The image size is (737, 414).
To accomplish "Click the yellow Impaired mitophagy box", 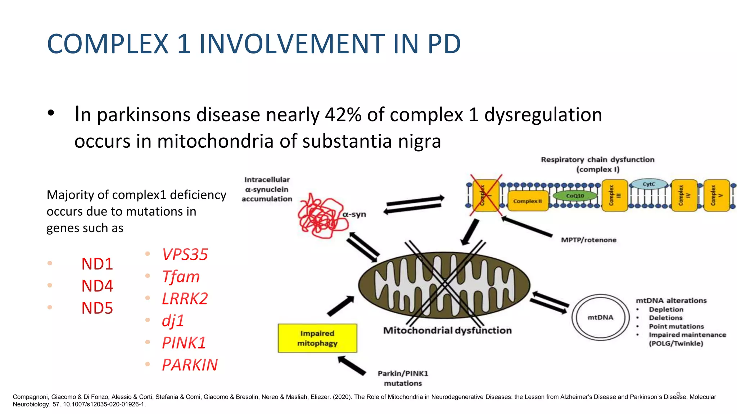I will (x=317, y=338).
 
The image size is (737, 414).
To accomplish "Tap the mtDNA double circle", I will (x=601, y=317).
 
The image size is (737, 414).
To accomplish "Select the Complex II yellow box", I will (x=528, y=201).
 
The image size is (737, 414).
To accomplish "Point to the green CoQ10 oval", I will (x=575, y=196).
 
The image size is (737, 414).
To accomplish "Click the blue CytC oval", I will (x=649, y=184).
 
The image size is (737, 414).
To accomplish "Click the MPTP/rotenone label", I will (x=588, y=240).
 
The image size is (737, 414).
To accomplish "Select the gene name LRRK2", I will (x=185, y=299).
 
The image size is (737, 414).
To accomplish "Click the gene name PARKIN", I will (x=190, y=365).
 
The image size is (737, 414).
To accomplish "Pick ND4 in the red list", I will (x=97, y=286).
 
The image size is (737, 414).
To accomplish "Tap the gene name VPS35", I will (x=185, y=255).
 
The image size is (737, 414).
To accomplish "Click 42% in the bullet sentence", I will (x=343, y=115).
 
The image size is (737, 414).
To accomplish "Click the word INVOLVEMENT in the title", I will (x=292, y=44).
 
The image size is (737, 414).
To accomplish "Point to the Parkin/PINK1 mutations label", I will (x=403, y=378).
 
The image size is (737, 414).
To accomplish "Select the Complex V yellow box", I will (x=716, y=196).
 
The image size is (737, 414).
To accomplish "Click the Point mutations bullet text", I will (x=676, y=326).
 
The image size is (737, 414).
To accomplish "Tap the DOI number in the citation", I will (x=104, y=404).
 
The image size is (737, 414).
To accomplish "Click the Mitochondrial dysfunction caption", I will (x=447, y=330).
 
